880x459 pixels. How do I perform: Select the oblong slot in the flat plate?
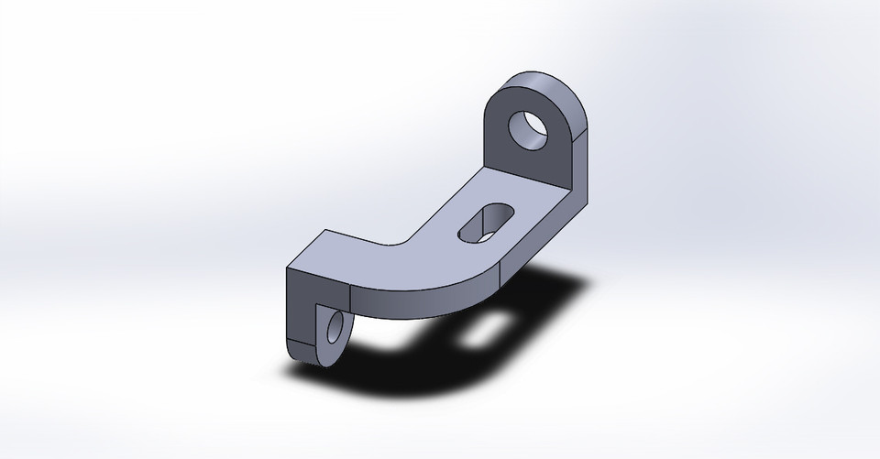point(486,223)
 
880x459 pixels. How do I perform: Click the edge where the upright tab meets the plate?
point(527,187)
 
